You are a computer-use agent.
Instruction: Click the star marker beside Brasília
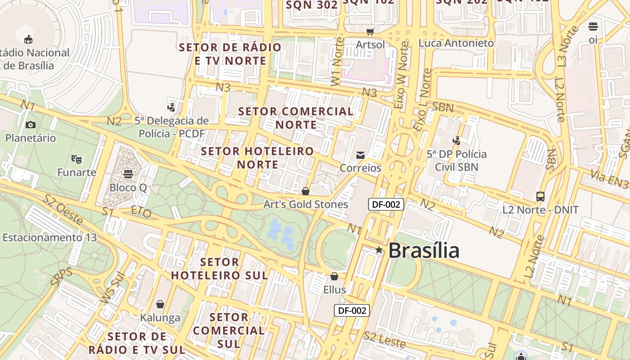(379, 250)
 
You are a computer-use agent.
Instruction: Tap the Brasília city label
(423, 251)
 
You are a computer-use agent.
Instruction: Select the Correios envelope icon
(360, 155)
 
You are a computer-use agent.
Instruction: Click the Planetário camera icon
(31, 125)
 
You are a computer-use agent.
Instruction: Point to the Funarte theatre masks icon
(76, 159)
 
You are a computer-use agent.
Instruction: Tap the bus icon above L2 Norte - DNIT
(540, 197)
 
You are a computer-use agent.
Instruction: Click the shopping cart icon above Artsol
(370, 31)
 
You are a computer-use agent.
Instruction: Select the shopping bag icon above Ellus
(334, 276)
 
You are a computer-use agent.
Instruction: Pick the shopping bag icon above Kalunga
(160, 304)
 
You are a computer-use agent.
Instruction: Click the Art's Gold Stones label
(306, 204)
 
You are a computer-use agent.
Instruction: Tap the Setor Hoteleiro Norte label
(257, 158)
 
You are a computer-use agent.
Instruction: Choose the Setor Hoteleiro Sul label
(220, 268)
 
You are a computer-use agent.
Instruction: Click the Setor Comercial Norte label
(296, 118)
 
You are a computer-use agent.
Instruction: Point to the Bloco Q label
(128, 187)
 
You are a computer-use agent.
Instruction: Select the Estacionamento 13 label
(49, 237)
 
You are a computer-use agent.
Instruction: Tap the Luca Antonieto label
(456, 43)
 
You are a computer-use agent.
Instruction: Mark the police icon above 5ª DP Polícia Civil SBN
(457, 140)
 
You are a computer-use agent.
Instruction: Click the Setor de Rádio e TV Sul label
(137, 343)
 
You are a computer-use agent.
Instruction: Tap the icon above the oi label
(593, 27)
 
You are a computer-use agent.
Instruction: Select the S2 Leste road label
(384, 339)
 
